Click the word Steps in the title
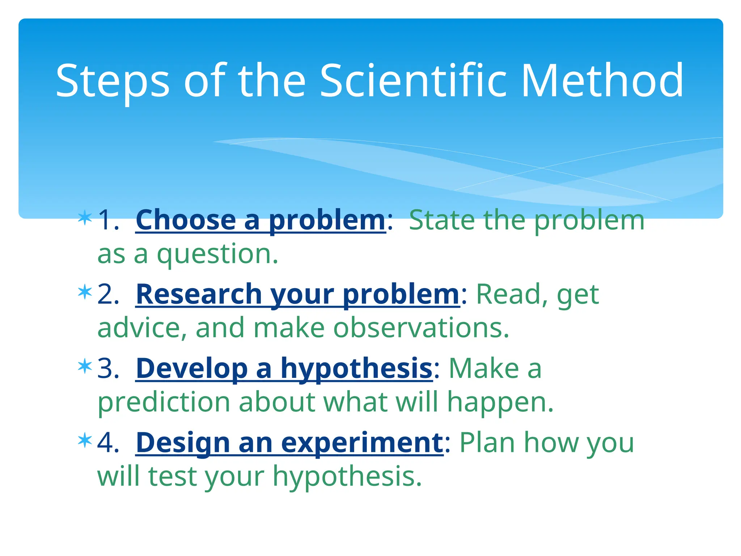(x=113, y=82)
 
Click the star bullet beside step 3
(x=85, y=366)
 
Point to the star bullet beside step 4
(x=85, y=440)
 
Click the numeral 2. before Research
(x=108, y=294)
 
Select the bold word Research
(x=199, y=294)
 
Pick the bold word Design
(x=183, y=443)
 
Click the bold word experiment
(x=362, y=443)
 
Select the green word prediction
(x=164, y=403)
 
